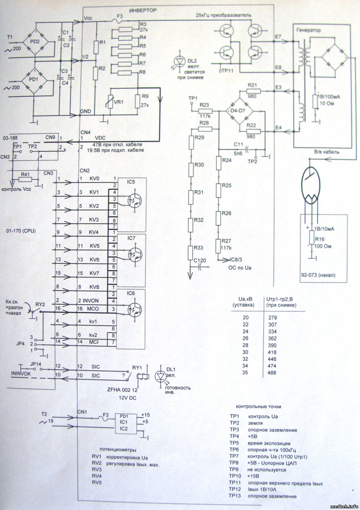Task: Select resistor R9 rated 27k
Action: click(138, 101)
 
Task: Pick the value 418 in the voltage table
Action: click(272, 352)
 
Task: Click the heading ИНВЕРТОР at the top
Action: click(142, 11)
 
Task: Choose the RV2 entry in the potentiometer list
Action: click(97, 464)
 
